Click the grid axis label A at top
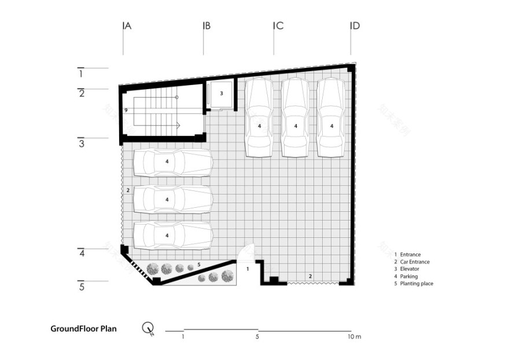pos(127,26)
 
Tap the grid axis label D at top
pos(355,26)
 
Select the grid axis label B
pos(207,26)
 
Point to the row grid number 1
pos(82,74)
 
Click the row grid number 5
pos(82,286)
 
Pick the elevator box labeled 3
pos(220,94)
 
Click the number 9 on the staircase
pos(126,110)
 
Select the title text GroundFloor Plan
pos(83,329)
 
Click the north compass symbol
pos(148,329)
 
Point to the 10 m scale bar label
pos(354,337)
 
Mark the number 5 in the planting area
pos(199,265)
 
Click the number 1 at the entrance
pos(247,269)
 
